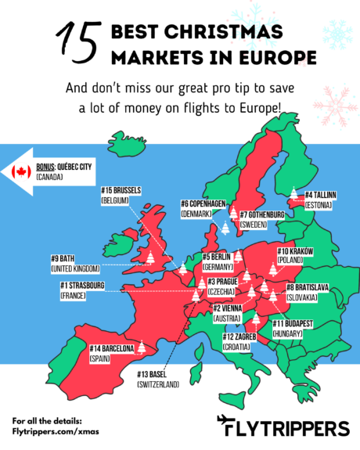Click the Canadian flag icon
[21, 171]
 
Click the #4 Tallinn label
[320, 199]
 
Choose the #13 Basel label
[157, 379]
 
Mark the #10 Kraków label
[295, 255]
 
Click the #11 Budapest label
[293, 327]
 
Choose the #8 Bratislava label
[302, 293]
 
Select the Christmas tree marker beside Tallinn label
[294, 194]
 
